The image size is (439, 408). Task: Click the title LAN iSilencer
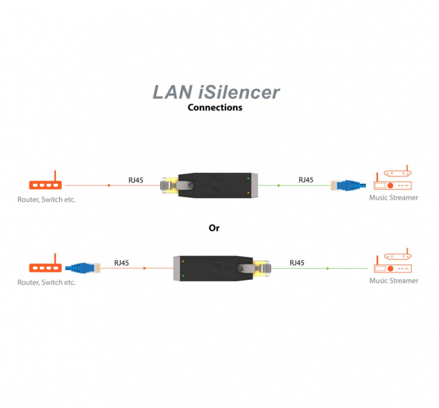click(x=216, y=92)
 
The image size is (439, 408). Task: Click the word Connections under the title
click(x=215, y=107)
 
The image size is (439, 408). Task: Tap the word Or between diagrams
click(x=214, y=228)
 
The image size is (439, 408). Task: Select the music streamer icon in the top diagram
click(x=393, y=179)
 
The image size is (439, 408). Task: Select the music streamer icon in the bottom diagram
click(x=393, y=262)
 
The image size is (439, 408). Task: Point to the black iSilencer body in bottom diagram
click(x=211, y=268)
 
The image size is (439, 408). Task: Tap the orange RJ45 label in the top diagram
click(x=135, y=179)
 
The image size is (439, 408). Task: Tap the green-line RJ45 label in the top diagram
click(x=306, y=179)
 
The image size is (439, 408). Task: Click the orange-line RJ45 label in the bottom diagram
click(x=121, y=263)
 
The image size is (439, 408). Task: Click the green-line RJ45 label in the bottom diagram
click(x=297, y=263)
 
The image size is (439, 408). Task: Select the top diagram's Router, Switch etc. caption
click(x=47, y=199)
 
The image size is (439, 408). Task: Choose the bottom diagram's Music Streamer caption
click(x=393, y=281)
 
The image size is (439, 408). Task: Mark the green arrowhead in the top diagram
click(x=279, y=186)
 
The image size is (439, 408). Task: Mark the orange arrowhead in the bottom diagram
click(x=145, y=268)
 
